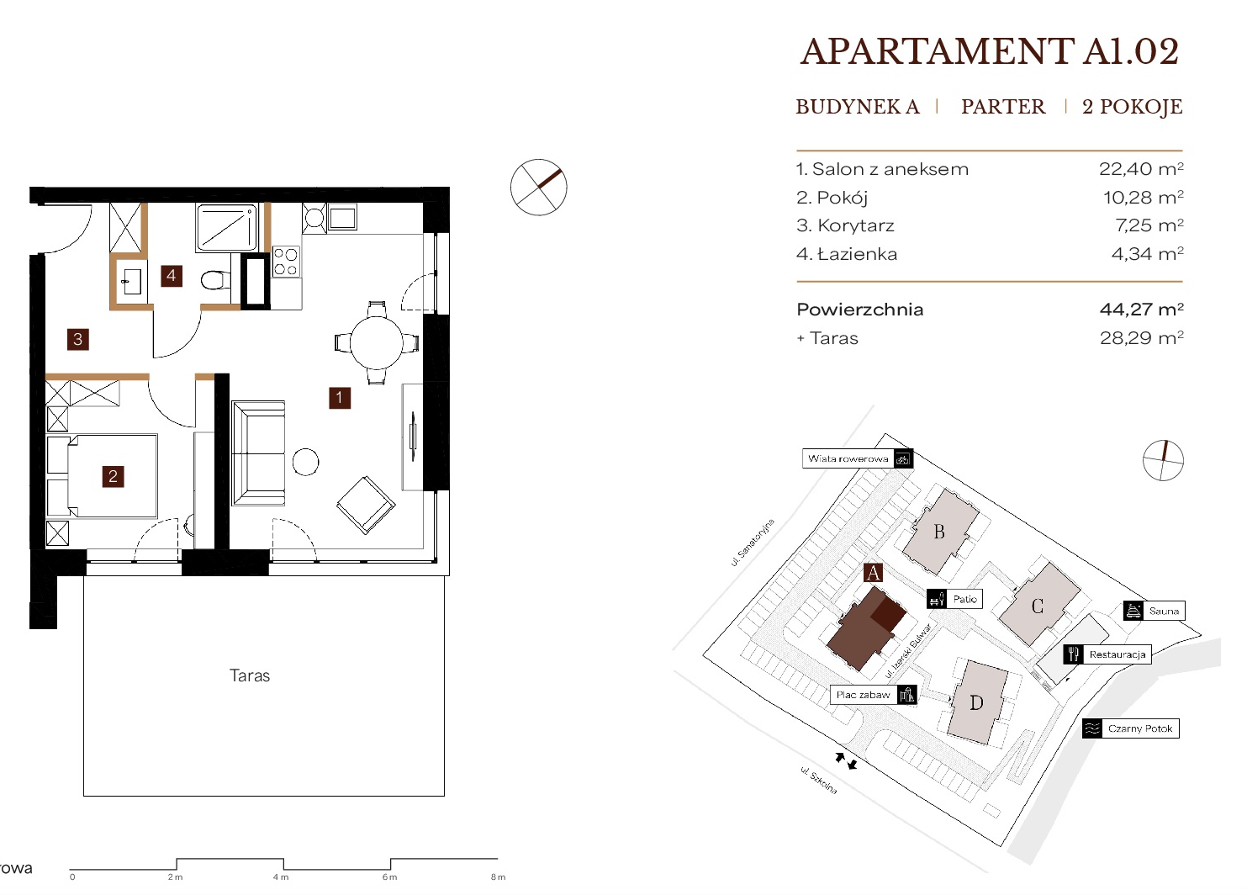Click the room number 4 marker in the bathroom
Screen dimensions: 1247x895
coord(172,276)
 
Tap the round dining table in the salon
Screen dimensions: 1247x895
coord(377,342)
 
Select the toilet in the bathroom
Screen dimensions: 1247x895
coord(215,279)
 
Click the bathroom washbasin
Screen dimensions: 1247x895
coord(131,282)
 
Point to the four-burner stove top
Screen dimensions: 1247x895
coord(286,262)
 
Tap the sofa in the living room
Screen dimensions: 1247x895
coord(258,453)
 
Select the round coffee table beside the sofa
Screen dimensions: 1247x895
coord(305,462)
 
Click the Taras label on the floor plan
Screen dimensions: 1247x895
coord(250,675)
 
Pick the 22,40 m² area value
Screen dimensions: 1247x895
coord(1141,168)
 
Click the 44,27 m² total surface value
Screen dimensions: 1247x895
coord(1142,309)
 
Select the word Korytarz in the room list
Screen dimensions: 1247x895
coord(856,225)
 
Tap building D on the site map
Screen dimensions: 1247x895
coord(976,703)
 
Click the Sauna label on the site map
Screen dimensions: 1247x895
coord(1164,611)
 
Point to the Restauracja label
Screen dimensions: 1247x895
coord(1118,654)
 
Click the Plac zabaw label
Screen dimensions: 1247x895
coord(863,695)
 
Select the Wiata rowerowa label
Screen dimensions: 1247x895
coord(848,458)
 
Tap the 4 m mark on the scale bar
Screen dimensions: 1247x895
coord(281,877)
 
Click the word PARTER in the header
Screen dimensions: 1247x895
coord(1003,106)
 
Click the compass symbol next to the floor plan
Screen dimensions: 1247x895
coord(538,187)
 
